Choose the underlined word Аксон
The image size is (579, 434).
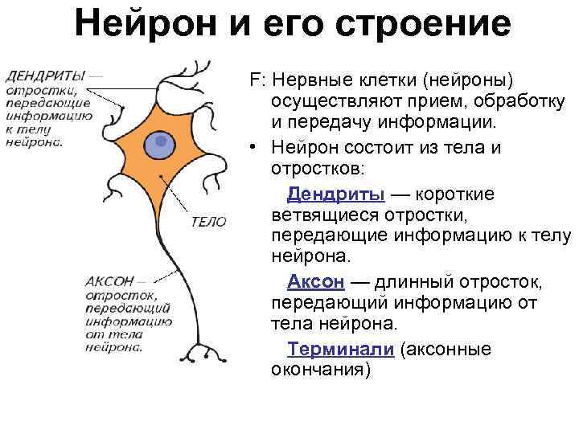click(x=316, y=282)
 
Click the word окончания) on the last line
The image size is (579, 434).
click(x=321, y=371)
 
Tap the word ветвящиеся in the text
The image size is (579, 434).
click(x=317, y=216)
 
